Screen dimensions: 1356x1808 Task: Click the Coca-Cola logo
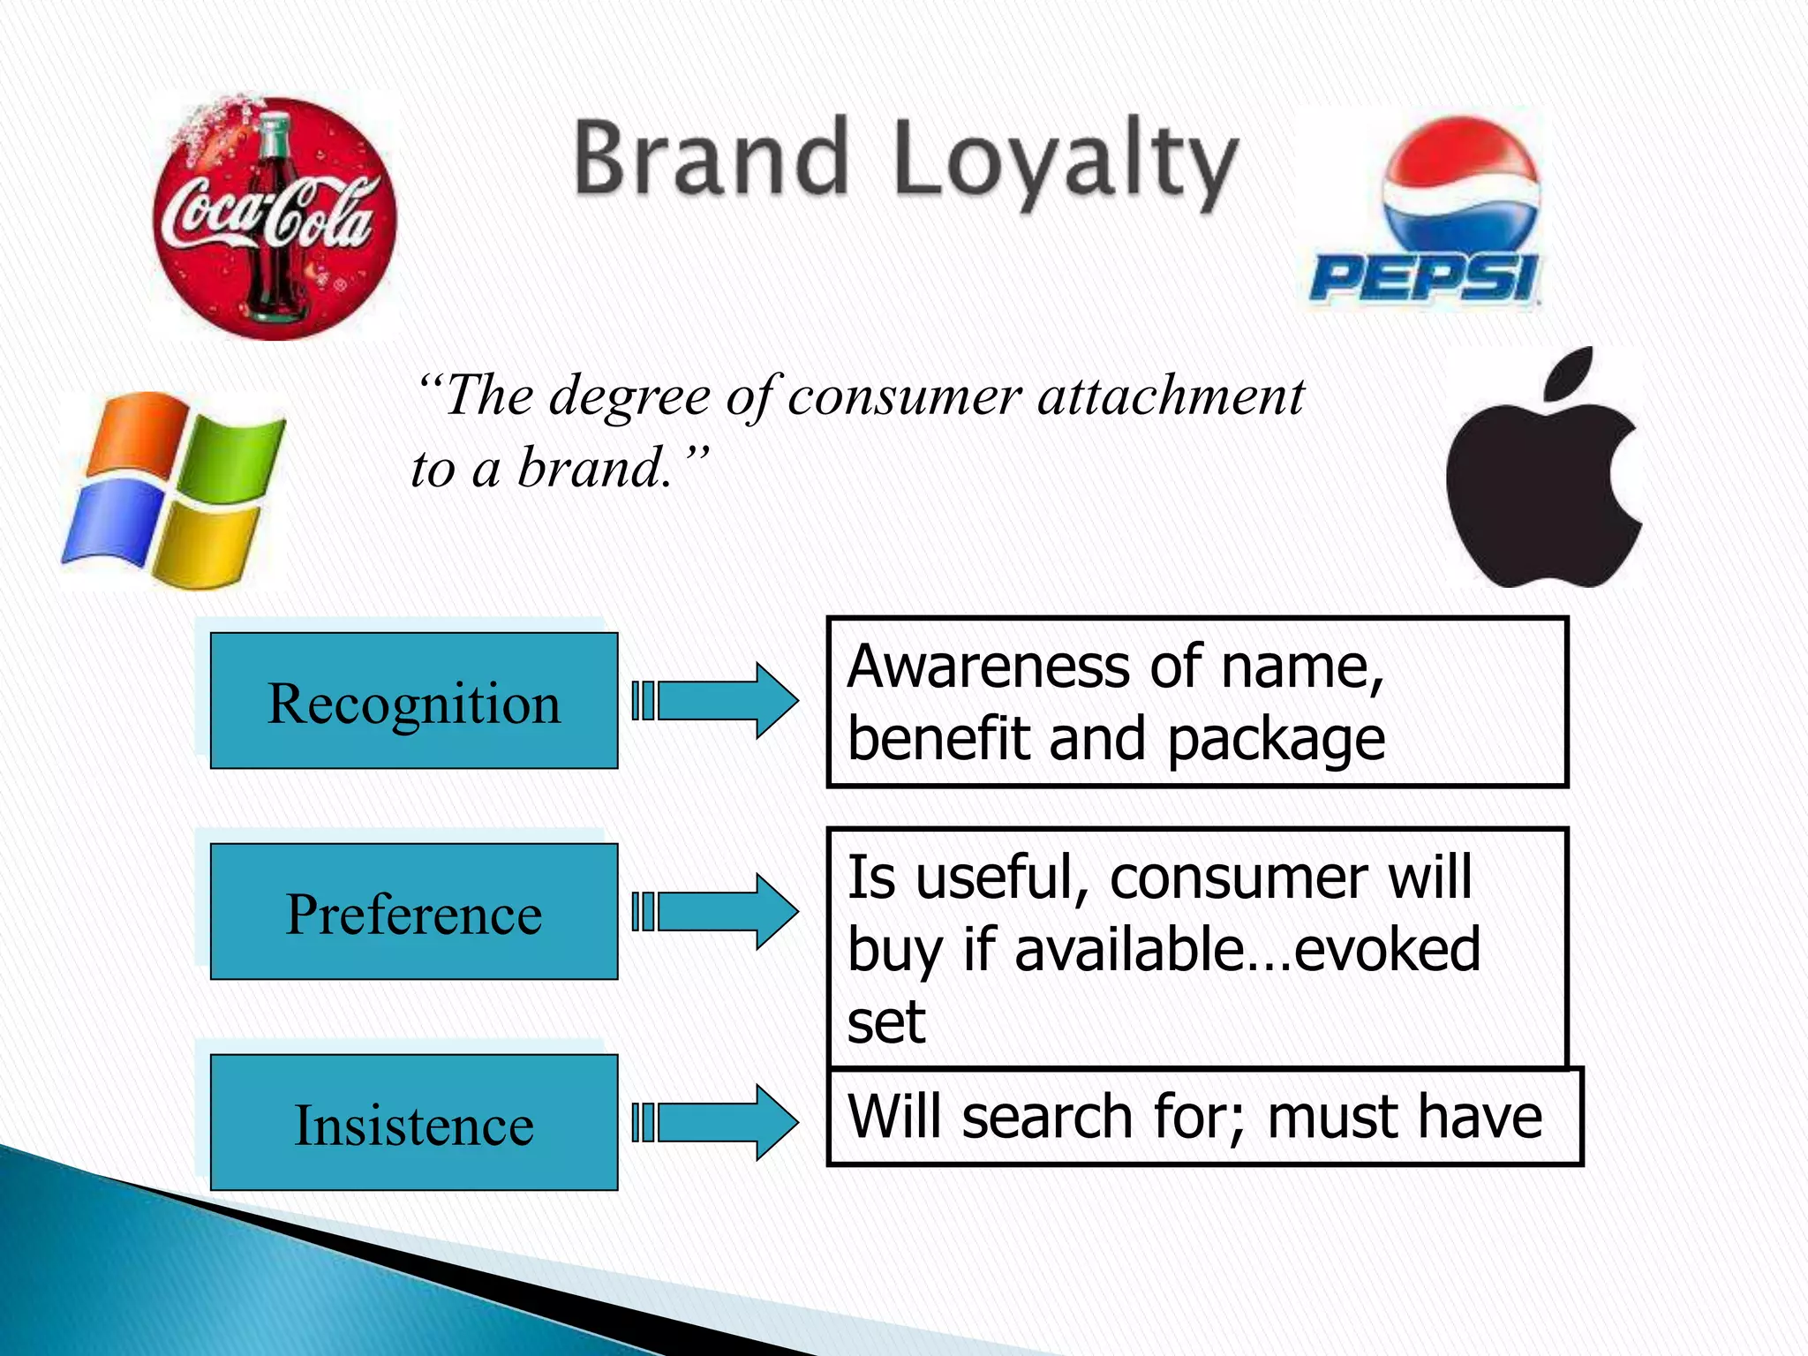274,218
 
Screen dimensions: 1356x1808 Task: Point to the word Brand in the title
712,159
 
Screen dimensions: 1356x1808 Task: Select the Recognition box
413,701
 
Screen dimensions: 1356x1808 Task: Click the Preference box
413,912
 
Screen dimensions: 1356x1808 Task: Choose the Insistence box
413,1123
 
